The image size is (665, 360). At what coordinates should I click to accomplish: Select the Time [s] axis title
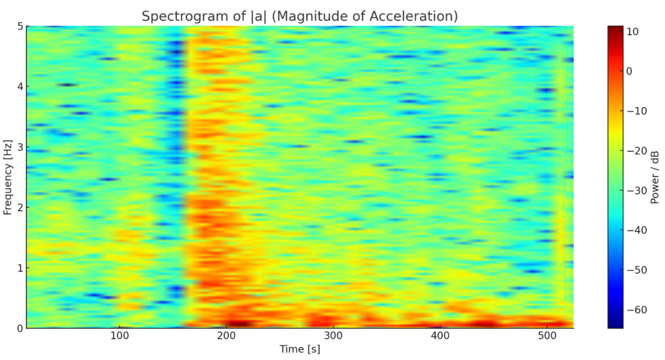point(299,350)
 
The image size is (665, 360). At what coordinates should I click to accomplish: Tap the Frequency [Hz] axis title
point(8,177)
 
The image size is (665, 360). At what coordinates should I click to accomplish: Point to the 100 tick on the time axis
point(119,336)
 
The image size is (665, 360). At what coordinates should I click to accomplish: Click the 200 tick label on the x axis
point(227,336)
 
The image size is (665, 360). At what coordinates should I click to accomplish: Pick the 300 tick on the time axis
point(333,336)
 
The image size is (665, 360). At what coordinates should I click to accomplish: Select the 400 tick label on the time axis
point(440,336)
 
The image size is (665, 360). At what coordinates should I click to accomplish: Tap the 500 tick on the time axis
point(547,336)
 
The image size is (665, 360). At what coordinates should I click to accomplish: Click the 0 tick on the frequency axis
point(19,328)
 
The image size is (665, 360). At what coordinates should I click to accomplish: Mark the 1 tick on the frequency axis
point(19,268)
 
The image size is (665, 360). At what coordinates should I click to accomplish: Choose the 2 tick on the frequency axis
point(19,207)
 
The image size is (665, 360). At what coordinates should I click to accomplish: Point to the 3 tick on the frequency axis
point(19,147)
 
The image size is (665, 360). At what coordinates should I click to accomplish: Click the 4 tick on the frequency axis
point(19,87)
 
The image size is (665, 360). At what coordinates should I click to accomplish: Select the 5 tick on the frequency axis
point(19,26)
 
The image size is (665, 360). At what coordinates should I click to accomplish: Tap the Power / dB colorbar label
point(655,177)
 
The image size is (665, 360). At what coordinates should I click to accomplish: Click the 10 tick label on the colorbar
point(632,31)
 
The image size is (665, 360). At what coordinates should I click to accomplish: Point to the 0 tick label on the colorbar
point(629,71)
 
